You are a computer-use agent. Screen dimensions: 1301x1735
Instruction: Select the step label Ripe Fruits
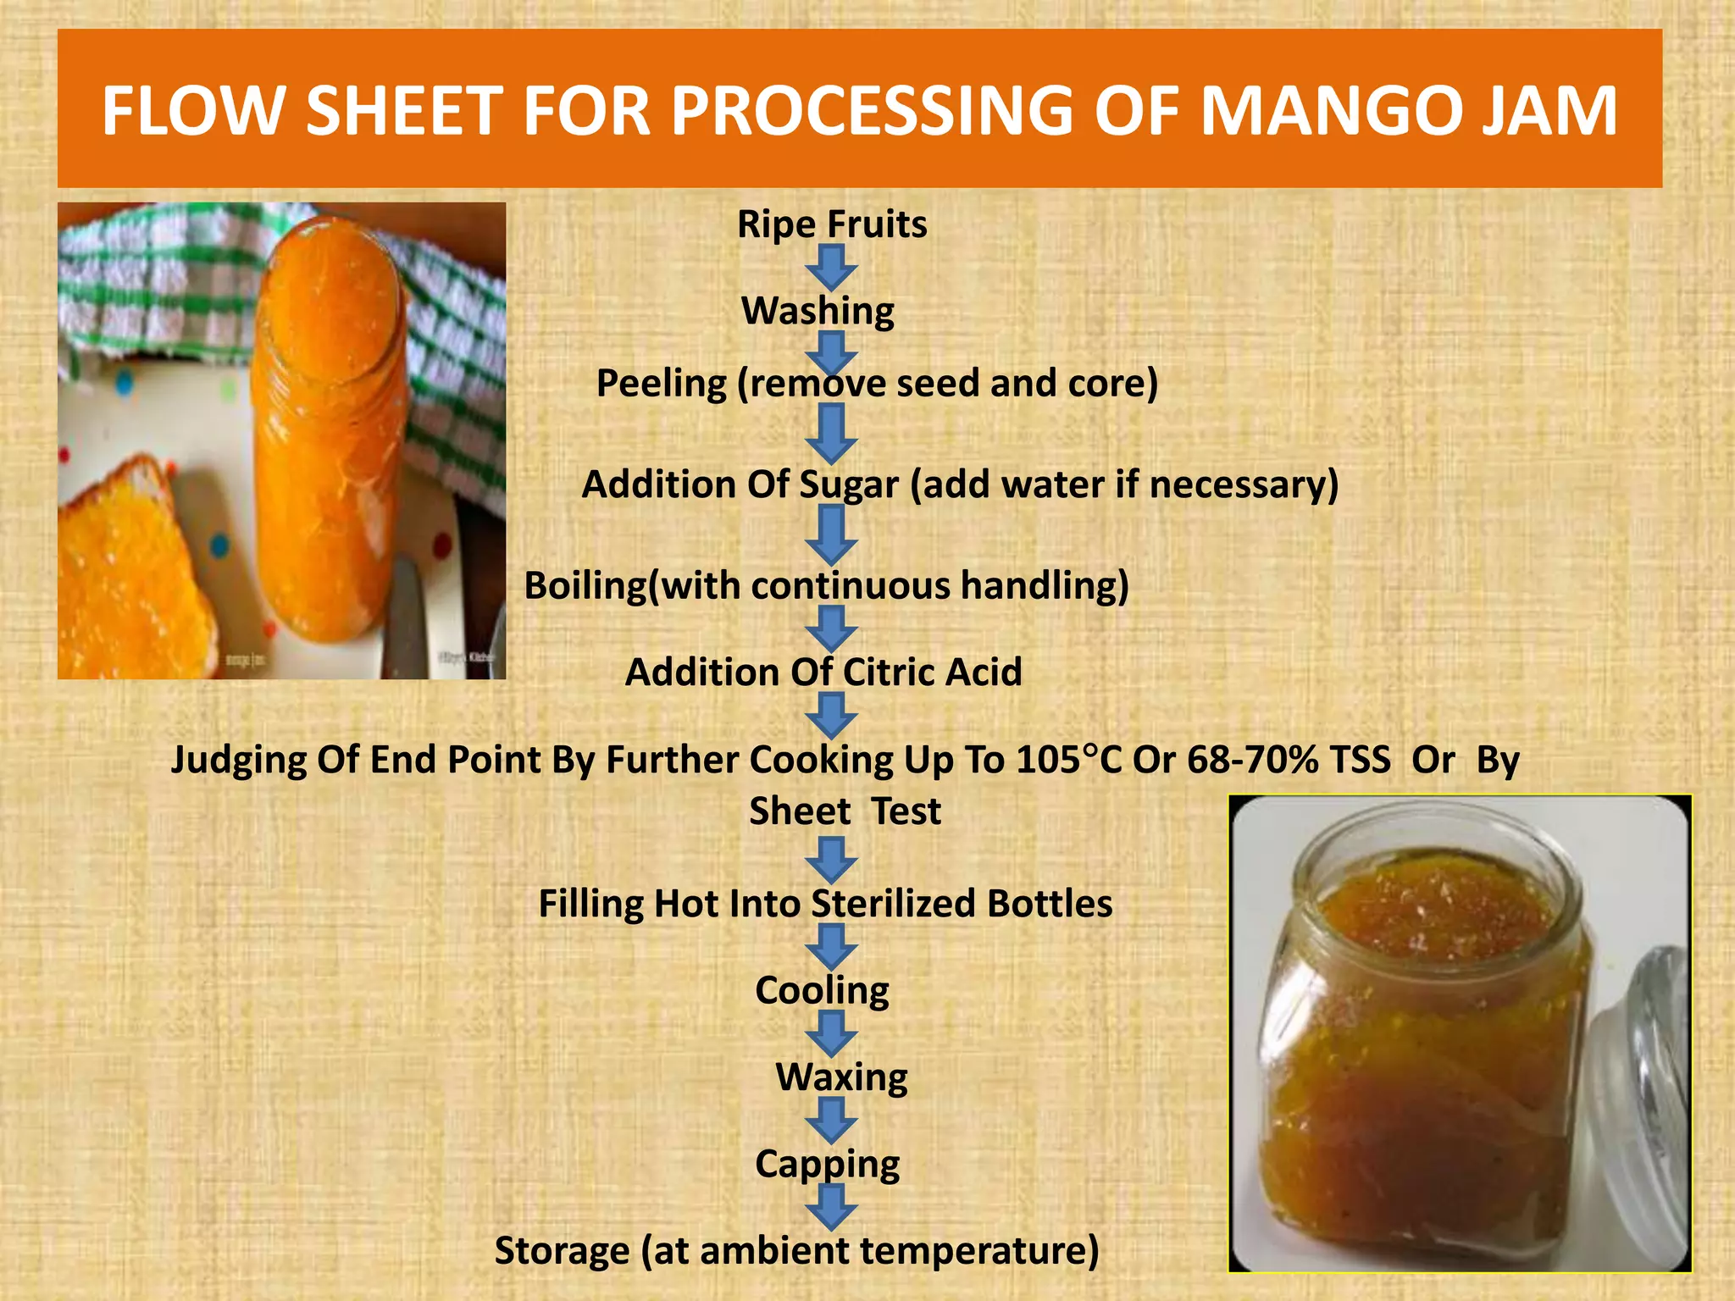pyautogui.click(x=832, y=224)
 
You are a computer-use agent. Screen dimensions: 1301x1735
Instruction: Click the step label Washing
pyautogui.click(x=818, y=311)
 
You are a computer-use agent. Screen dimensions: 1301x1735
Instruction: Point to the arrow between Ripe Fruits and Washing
pyautogui.click(x=831, y=268)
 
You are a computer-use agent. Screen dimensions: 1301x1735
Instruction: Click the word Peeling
pyautogui.click(x=662, y=384)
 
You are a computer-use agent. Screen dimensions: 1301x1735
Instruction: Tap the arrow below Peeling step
pyautogui.click(x=831, y=433)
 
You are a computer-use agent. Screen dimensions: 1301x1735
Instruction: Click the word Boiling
pyautogui.click(x=585, y=586)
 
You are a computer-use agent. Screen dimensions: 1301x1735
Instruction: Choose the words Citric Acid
pyautogui.click(x=933, y=673)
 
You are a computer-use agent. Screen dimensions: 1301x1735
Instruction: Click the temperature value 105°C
pyautogui.click(x=1068, y=760)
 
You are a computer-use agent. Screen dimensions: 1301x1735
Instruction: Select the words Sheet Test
pyautogui.click(x=845, y=811)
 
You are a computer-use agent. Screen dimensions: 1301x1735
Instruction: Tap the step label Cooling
pyautogui.click(x=822, y=990)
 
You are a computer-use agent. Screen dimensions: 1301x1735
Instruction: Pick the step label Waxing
pyautogui.click(x=841, y=1077)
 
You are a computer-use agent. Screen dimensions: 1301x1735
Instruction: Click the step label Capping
pyautogui.click(x=827, y=1164)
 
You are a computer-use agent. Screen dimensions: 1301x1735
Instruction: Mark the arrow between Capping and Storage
pyautogui.click(x=831, y=1206)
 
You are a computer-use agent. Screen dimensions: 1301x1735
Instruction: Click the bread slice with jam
pyautogui.click(x=127, y=576)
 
